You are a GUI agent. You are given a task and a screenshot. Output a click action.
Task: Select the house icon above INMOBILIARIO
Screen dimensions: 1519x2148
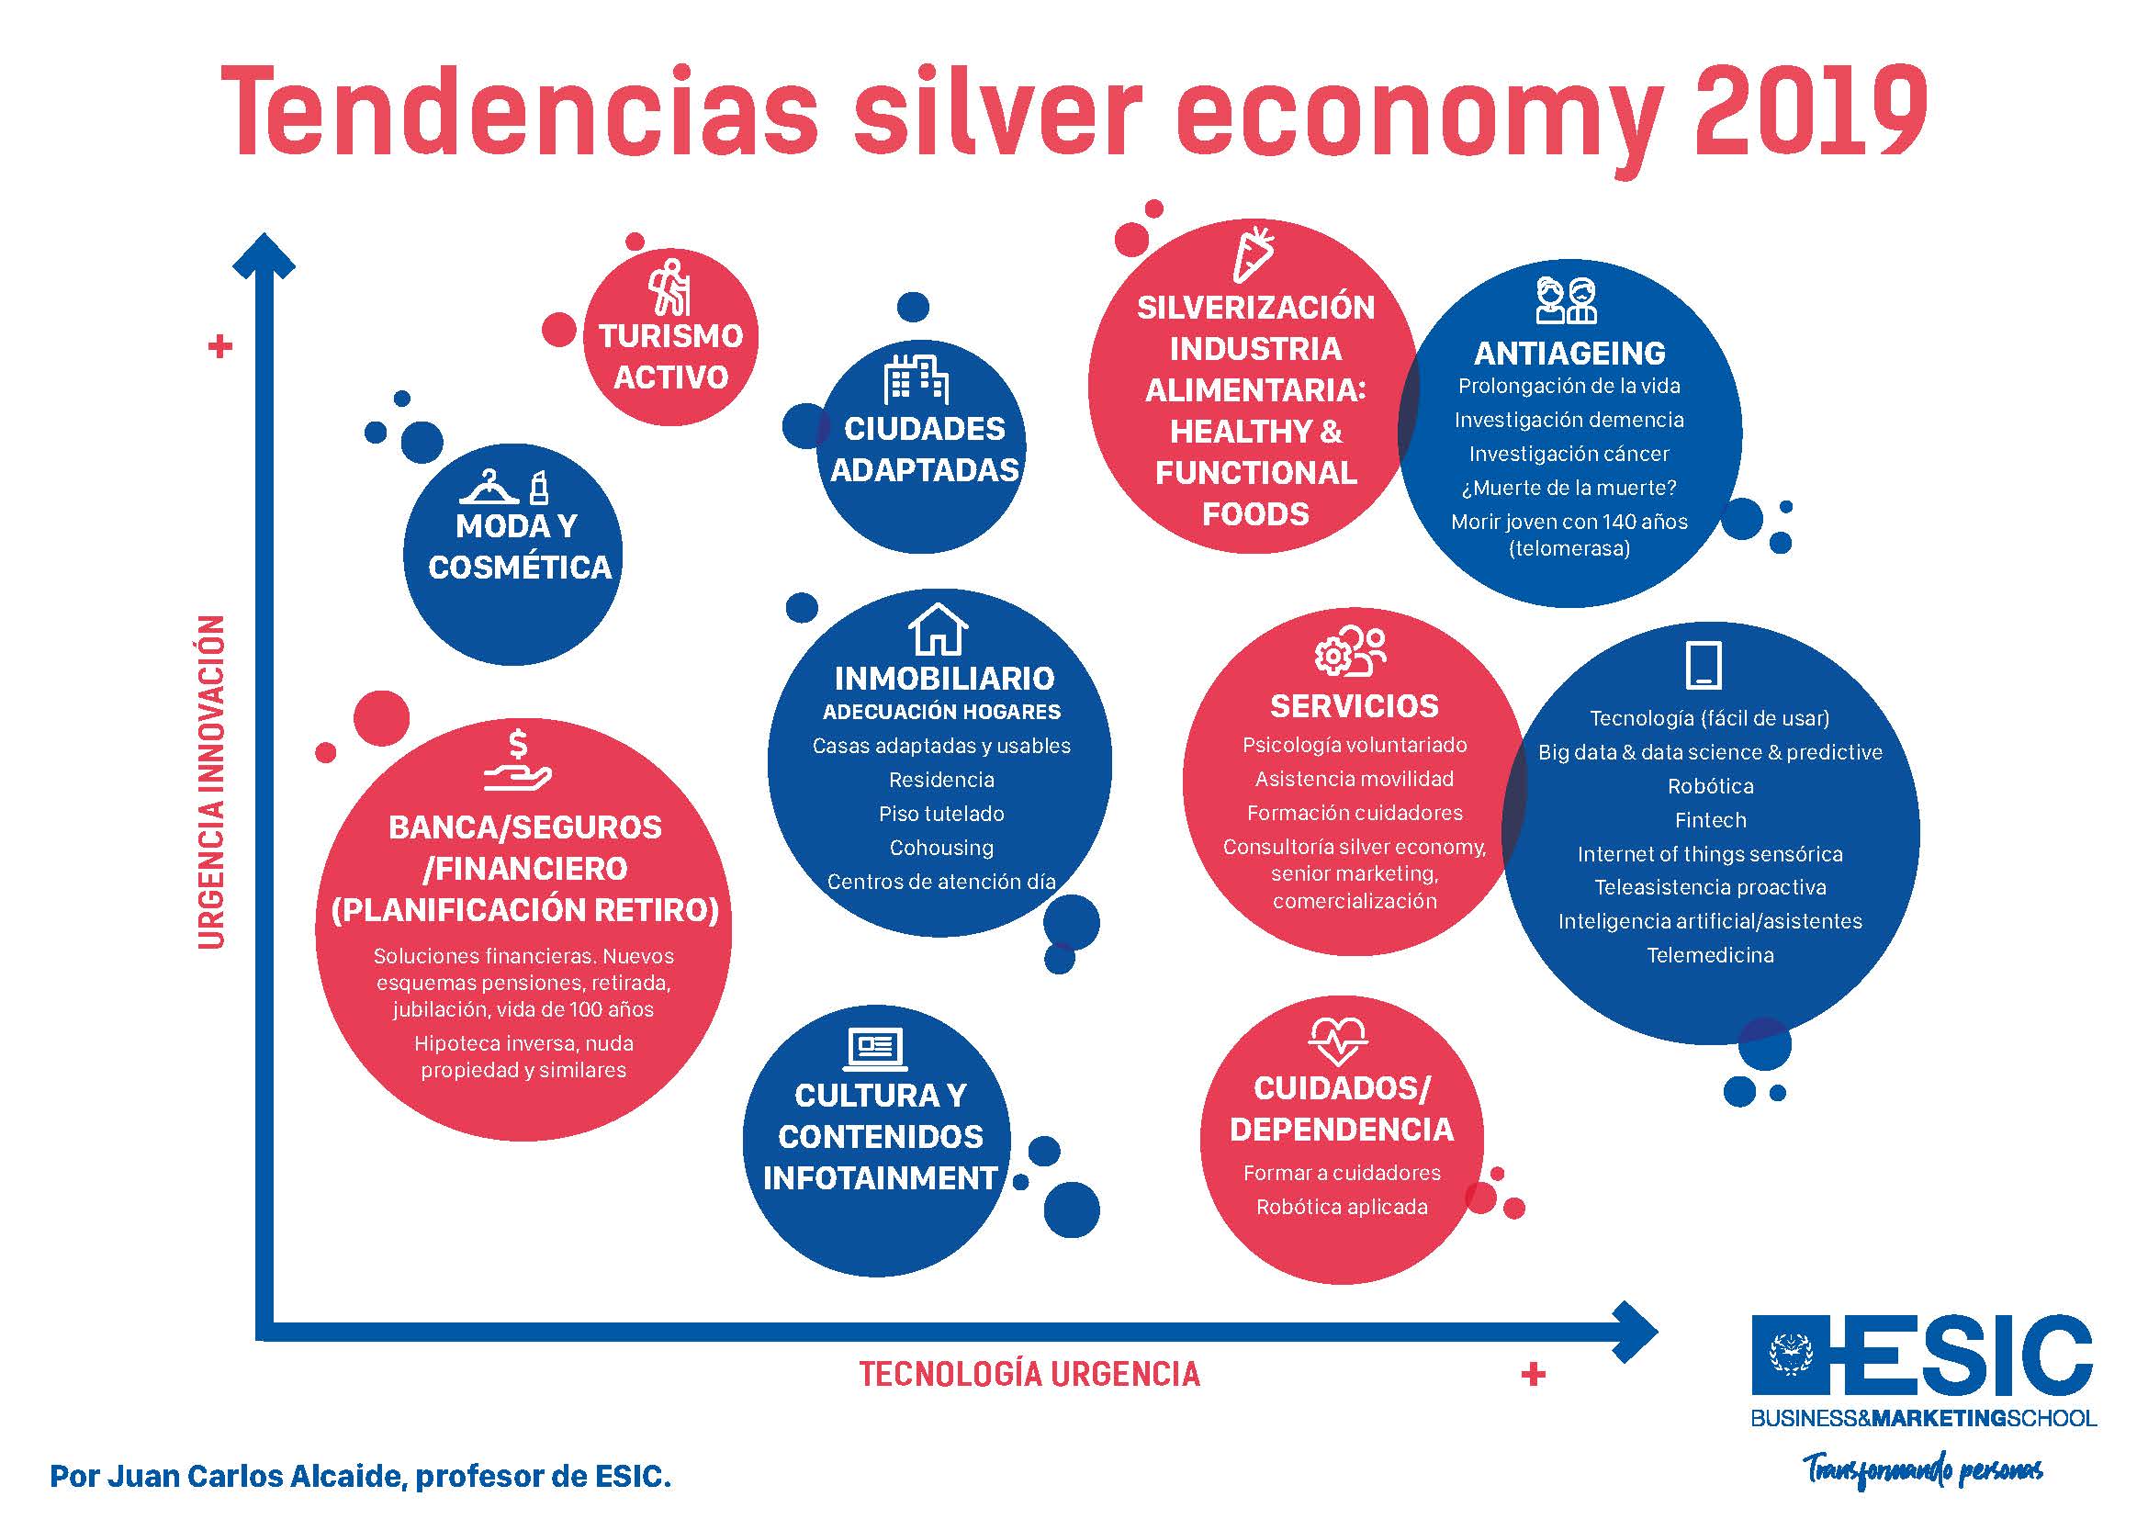tap(939, 629)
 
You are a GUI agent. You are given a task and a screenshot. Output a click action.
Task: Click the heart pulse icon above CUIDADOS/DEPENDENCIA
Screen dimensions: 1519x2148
tap(1338, 1042)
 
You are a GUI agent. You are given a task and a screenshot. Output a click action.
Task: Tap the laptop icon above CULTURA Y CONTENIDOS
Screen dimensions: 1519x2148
tap(876, 1050)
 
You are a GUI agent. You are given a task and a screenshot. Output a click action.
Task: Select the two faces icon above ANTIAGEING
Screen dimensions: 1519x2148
tap(1566, 300)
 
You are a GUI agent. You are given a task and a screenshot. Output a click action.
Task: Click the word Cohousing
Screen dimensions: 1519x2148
tap(941, 848)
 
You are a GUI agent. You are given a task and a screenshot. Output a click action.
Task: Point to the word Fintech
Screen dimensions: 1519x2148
tap(1710, 820)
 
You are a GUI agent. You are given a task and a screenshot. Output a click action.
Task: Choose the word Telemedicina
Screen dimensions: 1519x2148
tap(1710, 955)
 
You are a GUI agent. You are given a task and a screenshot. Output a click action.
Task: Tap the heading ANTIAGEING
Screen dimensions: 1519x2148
tap(1569, 353)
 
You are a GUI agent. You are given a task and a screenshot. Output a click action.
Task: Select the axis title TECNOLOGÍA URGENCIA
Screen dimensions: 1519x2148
tap(1029, 1374)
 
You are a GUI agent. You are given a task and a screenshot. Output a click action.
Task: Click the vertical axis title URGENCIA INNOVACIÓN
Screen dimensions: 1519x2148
tap(212, 781)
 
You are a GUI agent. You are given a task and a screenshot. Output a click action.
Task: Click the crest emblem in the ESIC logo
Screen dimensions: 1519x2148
tap(1790, 1356)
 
